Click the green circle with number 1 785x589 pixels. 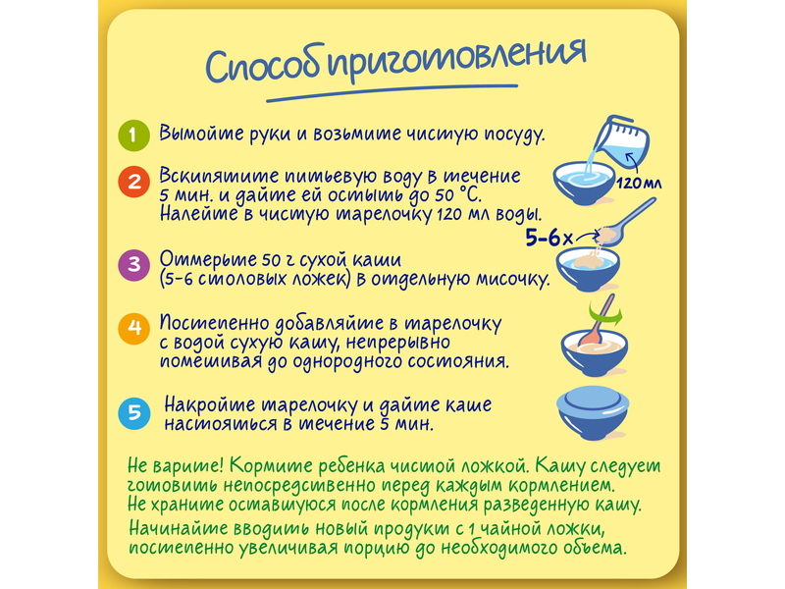click(133, 135)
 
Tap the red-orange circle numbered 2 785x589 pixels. click(133, 182)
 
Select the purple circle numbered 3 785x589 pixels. click(133, 264)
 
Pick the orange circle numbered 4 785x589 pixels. click(133, 328)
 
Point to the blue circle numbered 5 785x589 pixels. click(134, 413)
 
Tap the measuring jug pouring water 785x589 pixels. click(622, 142)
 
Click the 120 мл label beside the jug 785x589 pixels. click(639, 183)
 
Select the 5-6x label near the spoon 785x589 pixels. click(549, 238)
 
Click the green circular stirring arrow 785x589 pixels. click(605, 315)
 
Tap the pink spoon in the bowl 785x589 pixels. click(598, 322)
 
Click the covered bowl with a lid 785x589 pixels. click(593, 412)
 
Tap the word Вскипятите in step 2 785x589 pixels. click(219, 177)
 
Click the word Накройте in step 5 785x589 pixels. click(209, 404)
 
